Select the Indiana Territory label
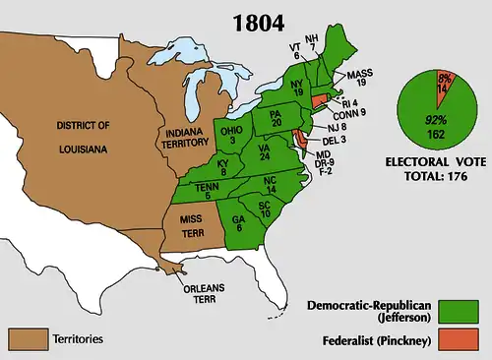187,137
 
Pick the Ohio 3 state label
228,135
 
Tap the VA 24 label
265,150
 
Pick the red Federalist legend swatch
459,341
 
